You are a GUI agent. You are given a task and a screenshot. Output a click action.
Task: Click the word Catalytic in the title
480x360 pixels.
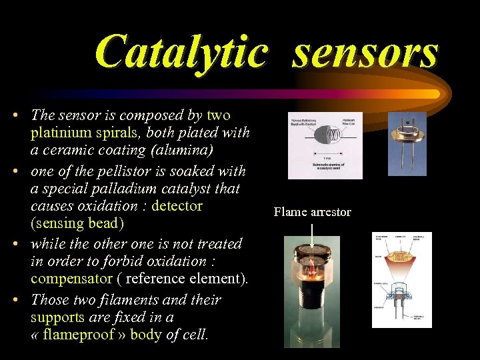181,51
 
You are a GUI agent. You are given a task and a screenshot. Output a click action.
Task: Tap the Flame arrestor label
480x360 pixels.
312,212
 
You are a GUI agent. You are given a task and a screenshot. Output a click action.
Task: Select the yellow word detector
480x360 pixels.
177,206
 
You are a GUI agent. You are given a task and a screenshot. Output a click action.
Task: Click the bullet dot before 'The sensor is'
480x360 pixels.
15,116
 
